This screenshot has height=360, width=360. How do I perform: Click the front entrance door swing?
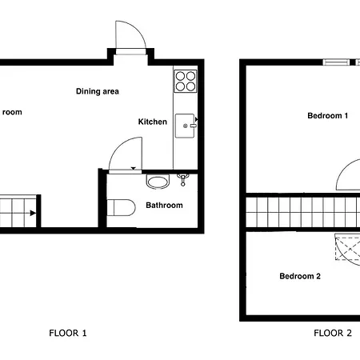(x=127, y=35)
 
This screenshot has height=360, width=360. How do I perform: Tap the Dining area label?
(x=98, y=91)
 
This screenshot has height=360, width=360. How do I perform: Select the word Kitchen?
(x=153, y=122)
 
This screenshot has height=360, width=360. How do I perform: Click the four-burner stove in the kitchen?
(x=186, y=81)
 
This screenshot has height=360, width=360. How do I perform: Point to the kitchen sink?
(x=186, y=124)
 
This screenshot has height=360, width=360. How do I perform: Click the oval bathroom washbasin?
(x=158, y=182)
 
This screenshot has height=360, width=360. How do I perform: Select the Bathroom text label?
(x=164, y=206)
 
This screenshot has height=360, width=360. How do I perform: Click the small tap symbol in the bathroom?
(x=183, y=179)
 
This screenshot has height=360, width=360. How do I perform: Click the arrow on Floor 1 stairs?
(x=30, y=213)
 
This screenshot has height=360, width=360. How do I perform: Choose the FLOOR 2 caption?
(x=332, y=333)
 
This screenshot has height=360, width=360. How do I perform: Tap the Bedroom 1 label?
(x=328, y=116)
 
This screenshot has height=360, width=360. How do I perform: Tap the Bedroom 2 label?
(x=300, y=277)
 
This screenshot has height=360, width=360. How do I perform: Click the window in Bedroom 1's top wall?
(x=336, y=62)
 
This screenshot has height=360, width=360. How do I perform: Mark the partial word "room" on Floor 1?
(x=12, y=112)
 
